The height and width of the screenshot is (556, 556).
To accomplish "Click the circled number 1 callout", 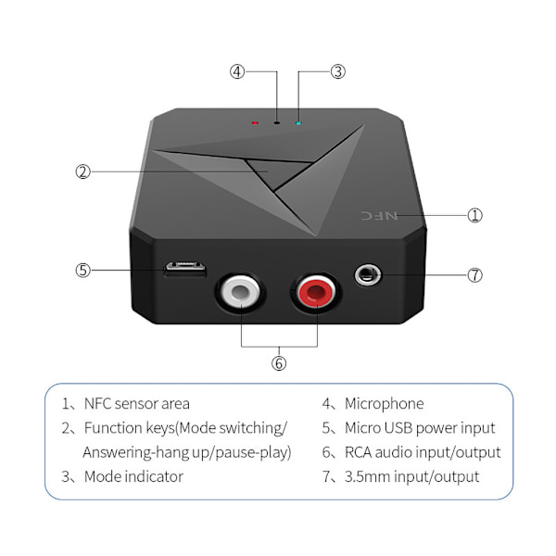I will (474, 215).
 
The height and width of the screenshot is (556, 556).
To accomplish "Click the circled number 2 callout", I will (82, 171).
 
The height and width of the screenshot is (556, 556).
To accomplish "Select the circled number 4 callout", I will (238, 71).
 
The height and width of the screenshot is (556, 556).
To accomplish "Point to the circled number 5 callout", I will (82, 271).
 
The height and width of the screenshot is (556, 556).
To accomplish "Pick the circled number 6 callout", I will (279, 363).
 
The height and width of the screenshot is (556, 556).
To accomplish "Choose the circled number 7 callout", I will (474, 275).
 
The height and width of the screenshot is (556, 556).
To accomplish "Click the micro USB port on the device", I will (185, 270).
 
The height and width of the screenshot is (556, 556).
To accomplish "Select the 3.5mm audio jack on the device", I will (367, 275).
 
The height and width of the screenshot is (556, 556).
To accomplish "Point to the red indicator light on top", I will (255, 122).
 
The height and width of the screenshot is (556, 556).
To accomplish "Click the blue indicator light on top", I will (297, 121).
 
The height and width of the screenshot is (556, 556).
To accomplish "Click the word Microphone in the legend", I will (384, 404).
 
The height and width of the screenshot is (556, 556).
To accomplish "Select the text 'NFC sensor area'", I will (136, 404).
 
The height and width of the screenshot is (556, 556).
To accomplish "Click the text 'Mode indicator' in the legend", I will (133, 477).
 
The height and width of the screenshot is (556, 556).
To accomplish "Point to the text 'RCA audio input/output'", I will (423, 453).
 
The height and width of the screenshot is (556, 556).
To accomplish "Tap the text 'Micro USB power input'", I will (420, 428).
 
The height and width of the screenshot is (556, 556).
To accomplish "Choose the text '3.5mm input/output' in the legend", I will (411, 477).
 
